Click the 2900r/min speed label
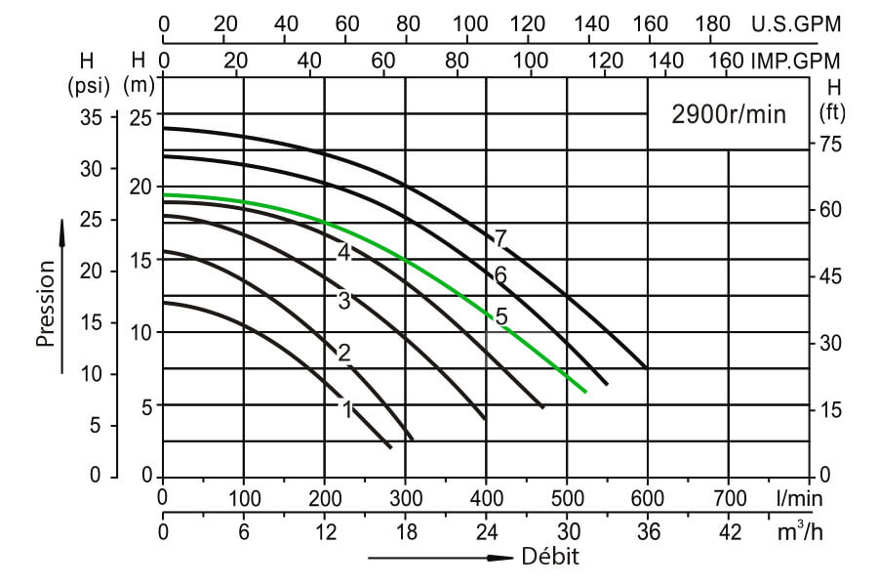pos(728,114)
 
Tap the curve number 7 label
pos(500,238)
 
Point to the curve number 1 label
pos(345,409)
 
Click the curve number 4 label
pos(343,252)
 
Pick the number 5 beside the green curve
pos(501,316)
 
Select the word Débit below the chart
pos(550,558)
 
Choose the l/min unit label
pos(800,497)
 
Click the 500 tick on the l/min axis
pos(567,497)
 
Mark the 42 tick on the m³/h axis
pos(729,532)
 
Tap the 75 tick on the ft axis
pos(829,145)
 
